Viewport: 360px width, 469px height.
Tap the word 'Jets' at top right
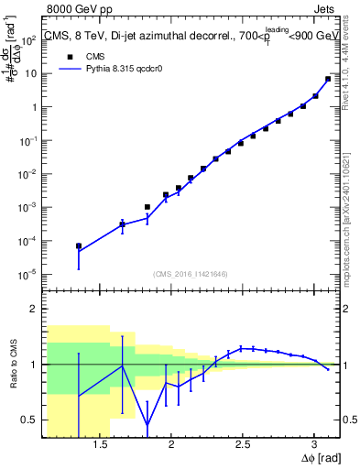[322, 10]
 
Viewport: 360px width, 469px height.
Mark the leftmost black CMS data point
[79, 245]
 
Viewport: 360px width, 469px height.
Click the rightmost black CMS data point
[328, 79]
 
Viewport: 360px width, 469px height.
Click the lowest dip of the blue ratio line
[147, 424]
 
